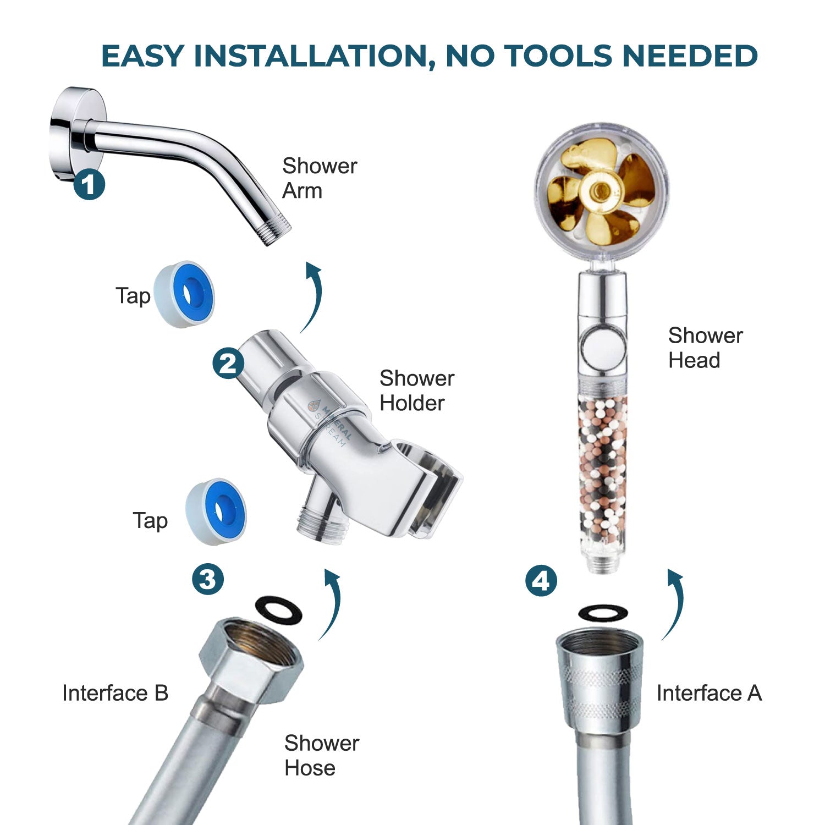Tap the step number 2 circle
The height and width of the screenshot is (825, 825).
point(228,363)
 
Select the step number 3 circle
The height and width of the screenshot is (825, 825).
point(208,579)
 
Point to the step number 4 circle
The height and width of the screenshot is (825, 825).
point(541,581)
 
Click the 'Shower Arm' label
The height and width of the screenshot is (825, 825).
point(320,178)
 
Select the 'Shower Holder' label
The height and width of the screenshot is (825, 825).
point(416,391)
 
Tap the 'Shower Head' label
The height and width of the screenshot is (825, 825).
point(705,348)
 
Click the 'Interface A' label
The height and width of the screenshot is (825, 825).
point(709,693)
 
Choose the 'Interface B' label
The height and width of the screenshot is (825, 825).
point(115,693)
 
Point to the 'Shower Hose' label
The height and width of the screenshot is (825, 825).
point(321,755)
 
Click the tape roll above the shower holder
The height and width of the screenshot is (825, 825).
point(184,294)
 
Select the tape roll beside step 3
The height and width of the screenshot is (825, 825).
point(216,512)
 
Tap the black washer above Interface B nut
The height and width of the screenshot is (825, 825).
point(279,611)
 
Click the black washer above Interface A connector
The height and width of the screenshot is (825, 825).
point(603,613)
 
